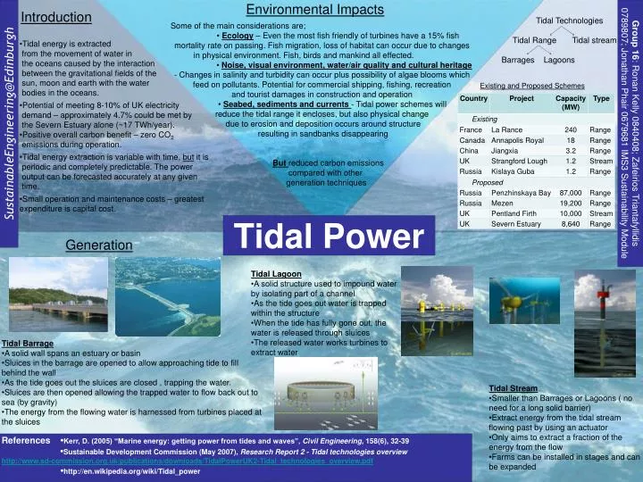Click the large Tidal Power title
click(329, 237)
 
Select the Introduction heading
click(50, 17)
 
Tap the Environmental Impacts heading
click(315, 10)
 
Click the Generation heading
click(98, 245)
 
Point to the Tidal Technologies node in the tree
click(569, 20)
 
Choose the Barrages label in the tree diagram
click(518, 60)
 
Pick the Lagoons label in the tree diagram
click(559, 60)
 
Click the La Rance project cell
click(506, 130)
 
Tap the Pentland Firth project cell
click(516, 214)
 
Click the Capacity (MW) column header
click(570, 102)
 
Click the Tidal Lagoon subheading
click(276, 274)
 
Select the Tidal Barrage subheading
click(28, 344)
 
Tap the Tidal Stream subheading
click(514, 388)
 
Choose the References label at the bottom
click(27, 441)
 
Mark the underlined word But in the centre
click(280, 163)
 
